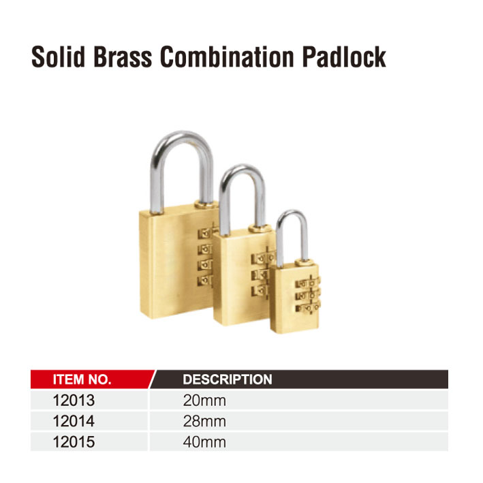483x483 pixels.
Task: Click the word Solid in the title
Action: tap(58, 57)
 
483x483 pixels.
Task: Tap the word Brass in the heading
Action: tap(123, 57)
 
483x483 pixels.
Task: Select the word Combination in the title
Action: tap(227, 57)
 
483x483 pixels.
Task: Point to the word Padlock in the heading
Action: tap(344, 57)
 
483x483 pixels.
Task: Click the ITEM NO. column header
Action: tap(82, 379)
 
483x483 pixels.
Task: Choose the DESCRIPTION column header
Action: tap(228, 379)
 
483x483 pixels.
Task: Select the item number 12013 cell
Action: tap(74, 401)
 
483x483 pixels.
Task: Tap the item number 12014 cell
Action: tap(74, 421)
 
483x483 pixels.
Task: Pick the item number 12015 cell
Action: tap(74, 441)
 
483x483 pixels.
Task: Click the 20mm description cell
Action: tap(204, 401)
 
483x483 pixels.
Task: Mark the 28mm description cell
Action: tap(204, 421)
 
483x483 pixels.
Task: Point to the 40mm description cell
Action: tap(204, 441)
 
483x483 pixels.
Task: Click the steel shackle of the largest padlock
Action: tap(157, 172)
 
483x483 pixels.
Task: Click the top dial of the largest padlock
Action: tap(206, 233)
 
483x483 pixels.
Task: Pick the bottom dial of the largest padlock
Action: tap(205, 280)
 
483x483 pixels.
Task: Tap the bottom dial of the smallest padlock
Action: tap(308, 308)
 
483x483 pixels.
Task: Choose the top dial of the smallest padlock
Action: tap(308, 283)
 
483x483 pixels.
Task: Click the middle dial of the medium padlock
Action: tap(260, 275)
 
